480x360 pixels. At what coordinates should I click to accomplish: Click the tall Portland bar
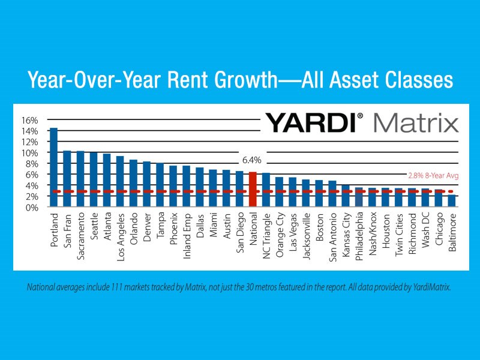click(53, 167)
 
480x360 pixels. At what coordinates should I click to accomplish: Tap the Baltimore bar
click(451, 201)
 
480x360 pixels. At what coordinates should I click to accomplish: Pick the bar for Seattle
click(94, 179)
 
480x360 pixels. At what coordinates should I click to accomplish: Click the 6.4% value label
click(253, 161)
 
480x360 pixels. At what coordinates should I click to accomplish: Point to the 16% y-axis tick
click(29, 120)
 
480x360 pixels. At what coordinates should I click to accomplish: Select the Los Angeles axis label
click(120, 235)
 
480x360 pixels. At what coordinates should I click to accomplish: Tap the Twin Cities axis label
click(398, 233)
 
